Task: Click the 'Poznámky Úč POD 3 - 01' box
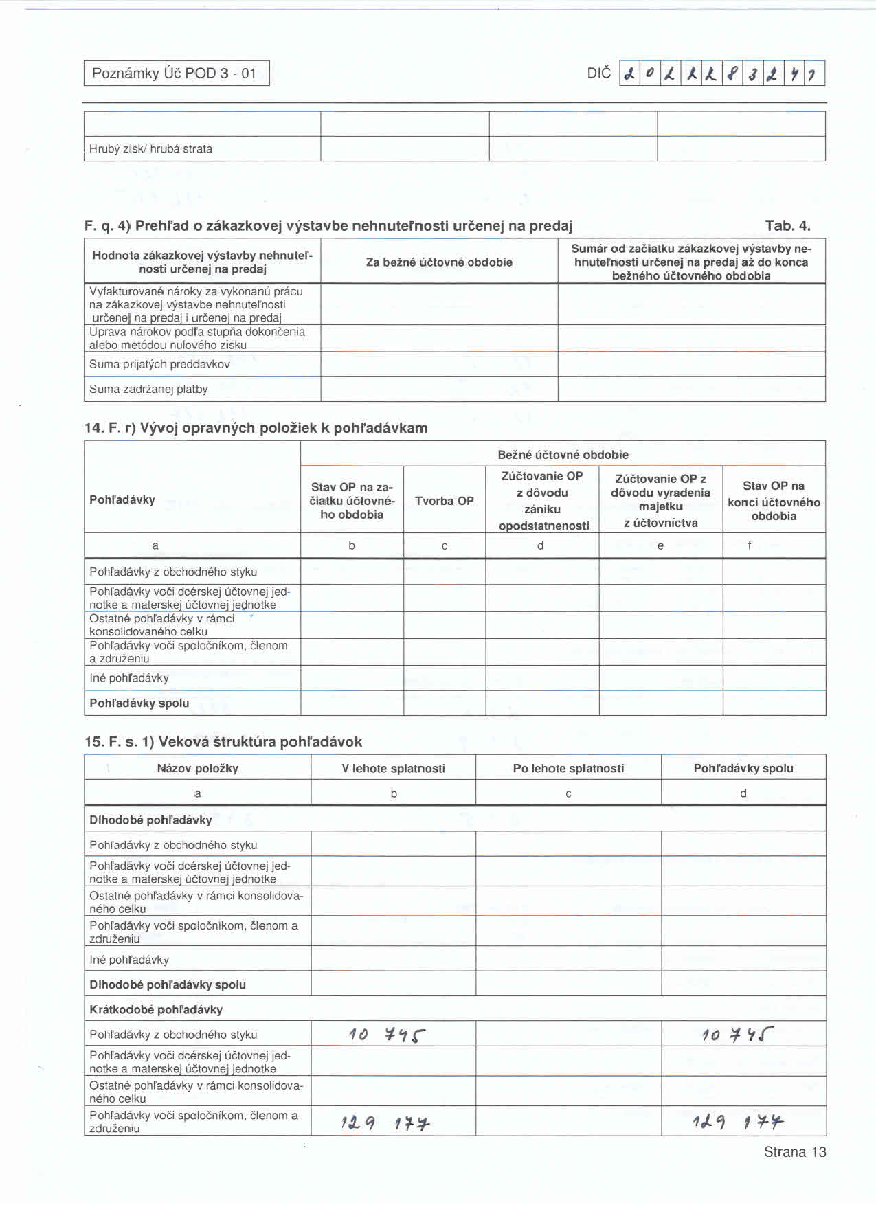tap(176, 74)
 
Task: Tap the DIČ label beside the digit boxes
tap(598, 73)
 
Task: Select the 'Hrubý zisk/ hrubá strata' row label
tap(150, 149)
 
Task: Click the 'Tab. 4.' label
tap(787, 226)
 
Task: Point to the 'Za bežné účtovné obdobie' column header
tap(439, 262)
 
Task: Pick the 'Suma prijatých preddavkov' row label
tap(159, 364)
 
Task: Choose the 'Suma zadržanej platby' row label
tap(148, 390)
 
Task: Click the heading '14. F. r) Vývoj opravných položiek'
tap(256, 428)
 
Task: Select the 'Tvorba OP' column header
tap(444, 501)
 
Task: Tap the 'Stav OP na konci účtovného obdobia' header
tap(774, 501)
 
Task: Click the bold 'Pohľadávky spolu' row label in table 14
tap(139, 703)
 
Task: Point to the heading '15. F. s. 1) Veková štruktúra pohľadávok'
tap(223, 742)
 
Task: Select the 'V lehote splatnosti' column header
tap(393, 768)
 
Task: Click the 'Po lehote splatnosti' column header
tap(568, 768)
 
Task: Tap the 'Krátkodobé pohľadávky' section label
tap(156, 1009)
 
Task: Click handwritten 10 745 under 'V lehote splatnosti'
tap(387, 1035)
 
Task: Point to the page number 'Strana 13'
tap(795, 1152)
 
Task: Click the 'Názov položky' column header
tap(197, 768)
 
